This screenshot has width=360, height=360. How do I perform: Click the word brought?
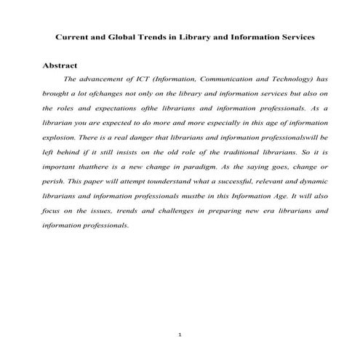coord(59,93)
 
